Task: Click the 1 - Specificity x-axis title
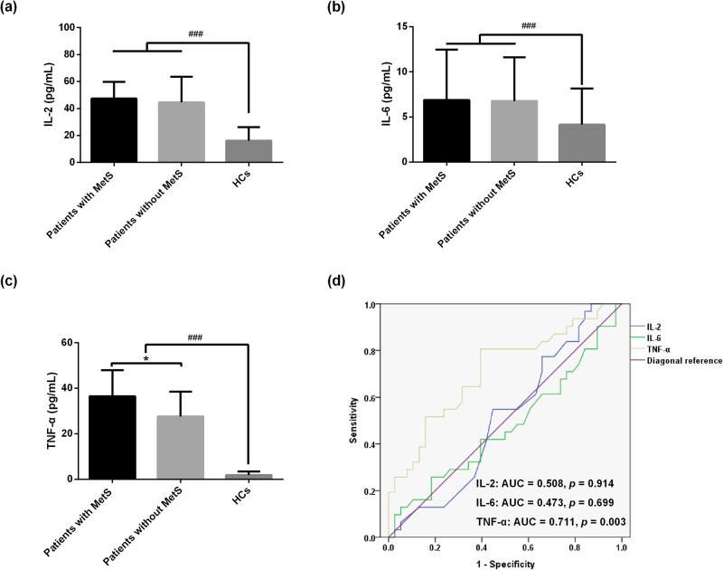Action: point(504,563)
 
